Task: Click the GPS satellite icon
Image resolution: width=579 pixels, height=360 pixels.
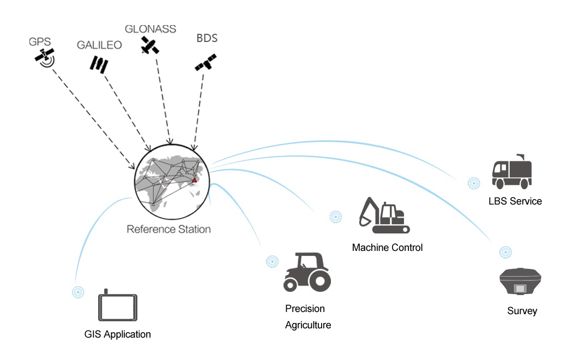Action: click(44, 57)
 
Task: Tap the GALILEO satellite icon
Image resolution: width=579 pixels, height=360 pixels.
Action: click(99, 64)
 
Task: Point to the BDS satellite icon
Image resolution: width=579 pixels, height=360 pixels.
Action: click(206, 62)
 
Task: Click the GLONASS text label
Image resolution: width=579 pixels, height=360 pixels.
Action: click(150, 29)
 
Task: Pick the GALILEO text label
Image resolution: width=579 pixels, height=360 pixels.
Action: click(99, 45)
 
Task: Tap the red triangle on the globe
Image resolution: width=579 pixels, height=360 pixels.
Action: click(194, 179)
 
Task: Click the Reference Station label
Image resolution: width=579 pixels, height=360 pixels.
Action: click(168, 229)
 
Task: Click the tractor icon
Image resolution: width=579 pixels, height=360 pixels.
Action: click(307, 272)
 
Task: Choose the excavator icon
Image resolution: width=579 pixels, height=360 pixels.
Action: click(383, 216)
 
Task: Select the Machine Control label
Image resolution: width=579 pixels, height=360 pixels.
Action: click(387, 248)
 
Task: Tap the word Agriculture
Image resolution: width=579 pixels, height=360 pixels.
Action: click(308, 326)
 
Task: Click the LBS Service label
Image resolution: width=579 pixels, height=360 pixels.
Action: click(515, 201)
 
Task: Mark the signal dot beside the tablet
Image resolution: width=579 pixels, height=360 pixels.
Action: click(79, 292)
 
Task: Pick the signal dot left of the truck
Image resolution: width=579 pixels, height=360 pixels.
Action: click(474, 183)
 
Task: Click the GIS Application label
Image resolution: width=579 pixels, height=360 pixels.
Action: click(118, 334)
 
